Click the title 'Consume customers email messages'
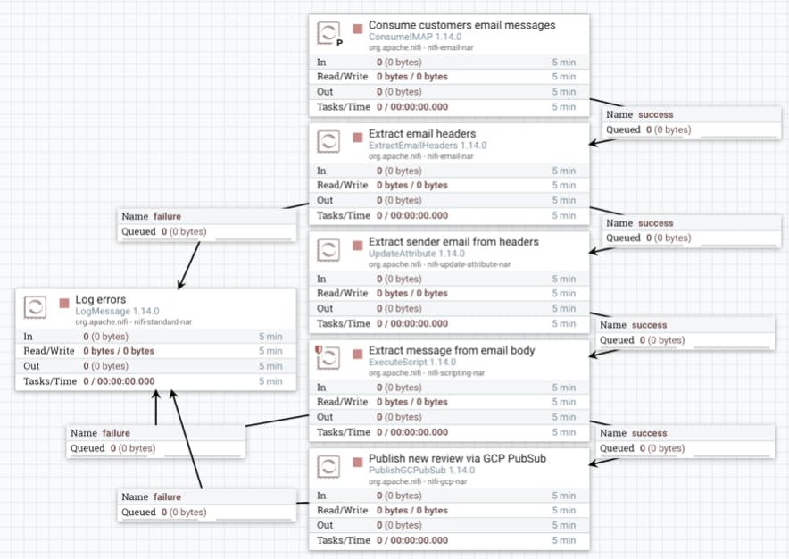pyautogui.click(x=462, y=25)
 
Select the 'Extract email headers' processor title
pyautogui.click(x=422, y=133)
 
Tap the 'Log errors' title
pyautogui.click(x=101, y=300)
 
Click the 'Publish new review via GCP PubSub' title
pyautogui.click(x=457, y=458)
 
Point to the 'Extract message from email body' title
pyautogui.click(x=452, y=350)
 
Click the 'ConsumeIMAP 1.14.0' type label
pyautogui.click(x=415, y=37)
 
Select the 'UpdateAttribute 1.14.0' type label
pyautogui.click(x=417, y=254)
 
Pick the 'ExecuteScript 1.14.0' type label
pyautogui.click(x=412, y=362)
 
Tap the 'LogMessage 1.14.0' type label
pyautogui.click(x=117, y=312)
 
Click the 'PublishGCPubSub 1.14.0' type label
pyautogui.click(x=421, y=471)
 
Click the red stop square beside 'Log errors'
pyautogui.click(x=64, y=303)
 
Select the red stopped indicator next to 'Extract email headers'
pyautogui.click(x=358, y=137)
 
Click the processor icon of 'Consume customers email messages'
pyautogui.click(x=328, y=33)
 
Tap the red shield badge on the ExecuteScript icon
pyautogui.click(x=318, y=349)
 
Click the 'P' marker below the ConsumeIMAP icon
pyautogui.click(x=340, y=43)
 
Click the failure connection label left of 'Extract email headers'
pyautogui.click(x=207, y=224)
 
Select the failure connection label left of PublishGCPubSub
pyautogui.click(x=207, y=505)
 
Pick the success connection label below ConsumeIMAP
pyautogui.click(x=692, y=122)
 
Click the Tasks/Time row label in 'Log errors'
pyautogui.click(x=50, y=381)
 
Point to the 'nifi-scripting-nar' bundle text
pyautogui.click(x=456, y=373)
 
